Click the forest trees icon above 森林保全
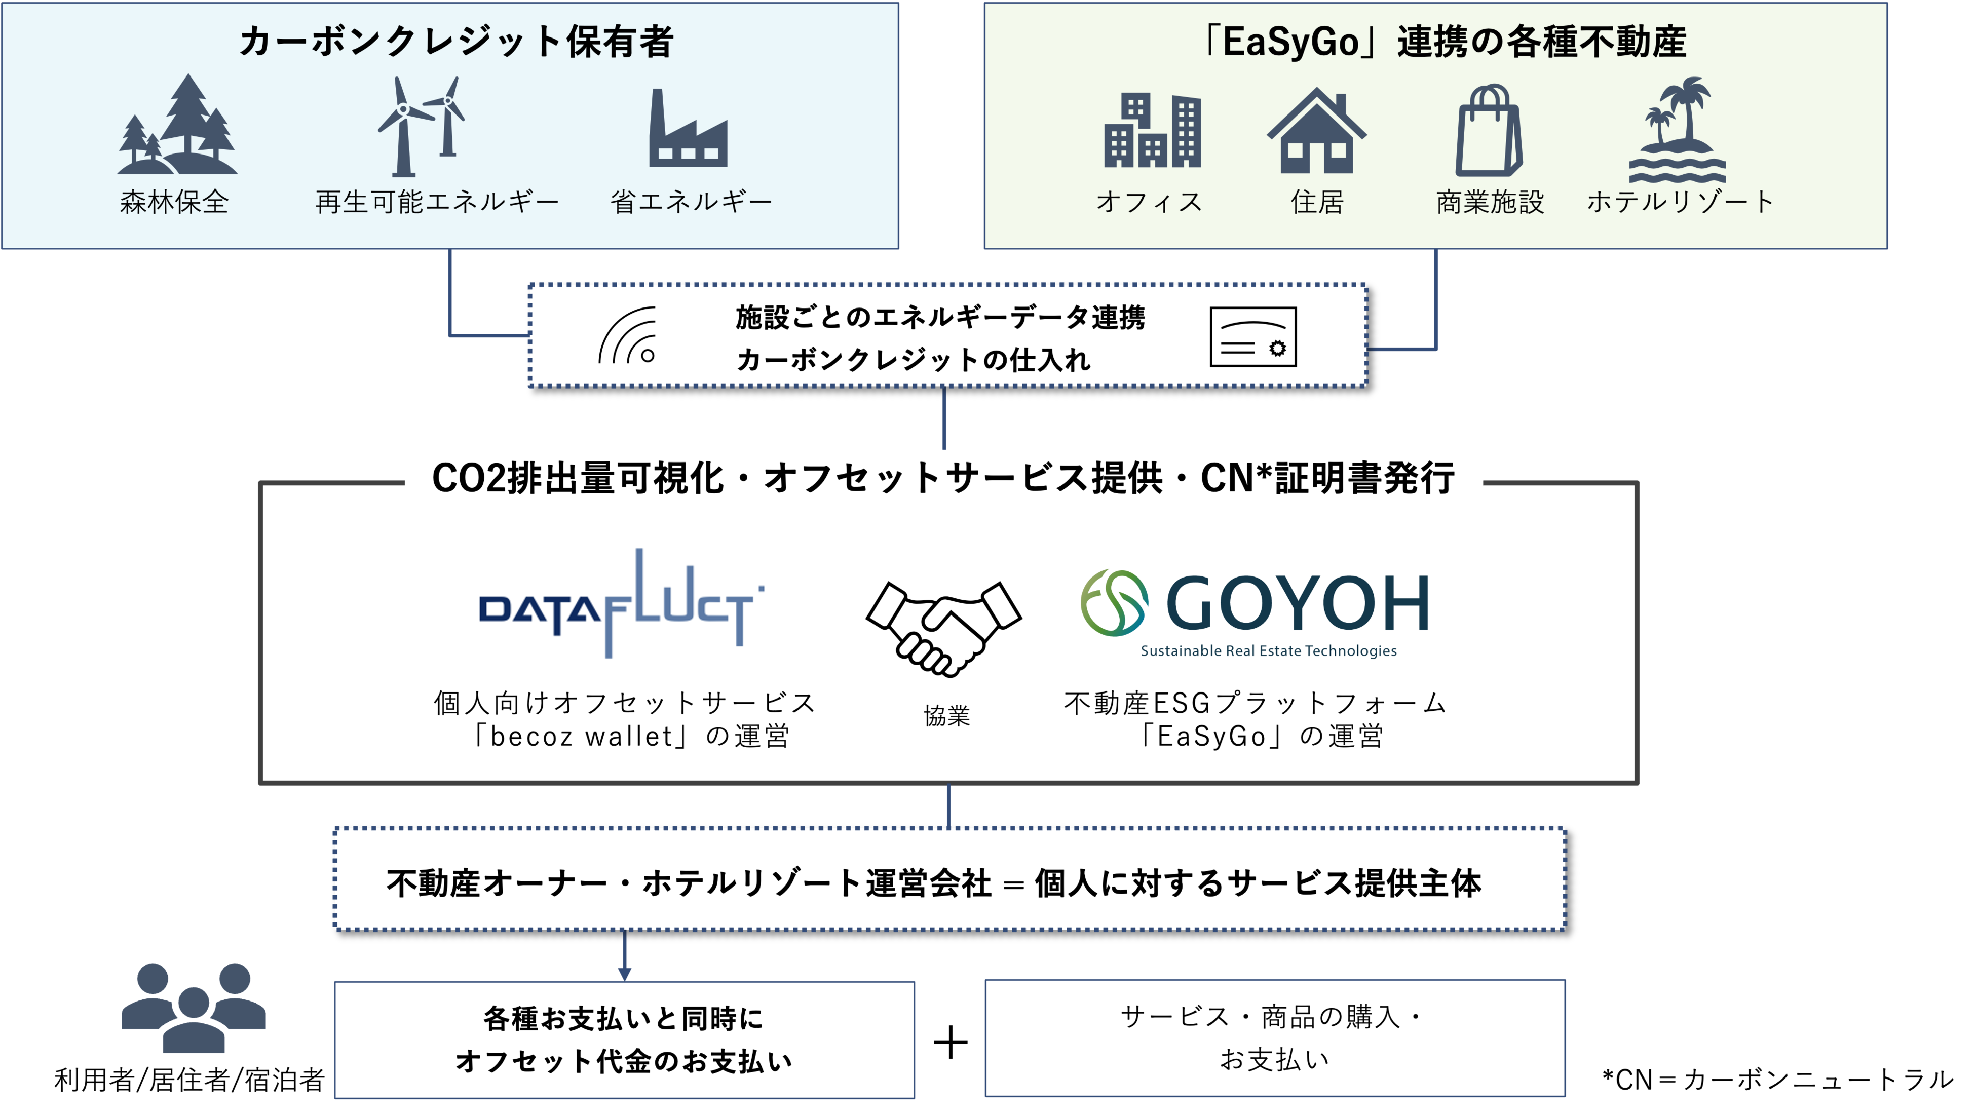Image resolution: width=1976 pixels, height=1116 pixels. pos(177,125)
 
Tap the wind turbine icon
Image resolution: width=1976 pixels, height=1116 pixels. pos(421,127)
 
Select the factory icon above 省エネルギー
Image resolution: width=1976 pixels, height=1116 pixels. pos(688,130)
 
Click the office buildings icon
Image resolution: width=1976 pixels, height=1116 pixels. pos(1152,130)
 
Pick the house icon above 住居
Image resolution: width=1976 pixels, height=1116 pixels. pos(1316,130)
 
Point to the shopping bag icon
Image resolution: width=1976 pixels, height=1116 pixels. pos(1489,130)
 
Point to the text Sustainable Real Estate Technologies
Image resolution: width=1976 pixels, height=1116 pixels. pos(1268,651)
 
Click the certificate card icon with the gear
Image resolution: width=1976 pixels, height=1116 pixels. pos(1252,337)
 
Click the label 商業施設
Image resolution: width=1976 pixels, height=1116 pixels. pos(1490,202)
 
